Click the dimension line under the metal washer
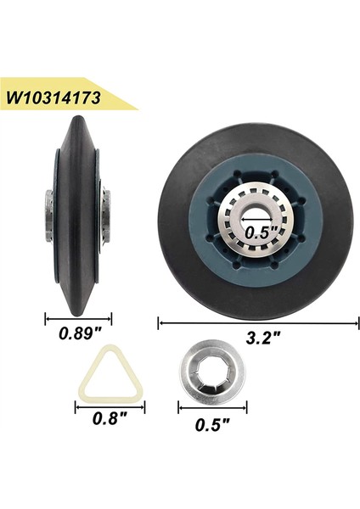(x=212, y=408)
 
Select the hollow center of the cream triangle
(x=110, y=370)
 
